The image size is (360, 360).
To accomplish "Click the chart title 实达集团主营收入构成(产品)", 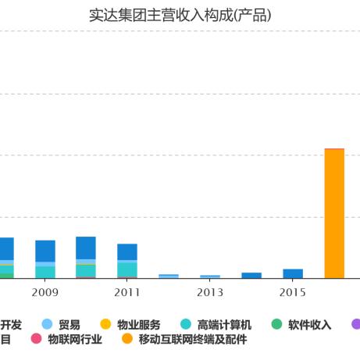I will click(x=180, y=15).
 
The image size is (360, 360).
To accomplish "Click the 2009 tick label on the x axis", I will click(x=45, y=292).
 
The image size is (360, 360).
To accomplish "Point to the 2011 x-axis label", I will click(x=127, y=292).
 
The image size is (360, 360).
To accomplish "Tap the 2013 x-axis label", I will click(x=210, y=292).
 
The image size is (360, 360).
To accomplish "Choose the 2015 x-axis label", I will click(x=293, y=292).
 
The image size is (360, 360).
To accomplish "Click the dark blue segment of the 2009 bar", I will click(x=45, y=251).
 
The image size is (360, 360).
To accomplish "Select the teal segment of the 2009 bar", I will click(x=45, y=272).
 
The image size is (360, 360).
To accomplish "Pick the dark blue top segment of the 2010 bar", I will click(x=86, y=248).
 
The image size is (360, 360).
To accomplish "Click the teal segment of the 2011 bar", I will click(x=127, y=269).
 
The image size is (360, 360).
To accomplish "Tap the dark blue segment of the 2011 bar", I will click(x=127, y=251).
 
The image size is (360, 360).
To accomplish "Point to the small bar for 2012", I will click(x=169, y=276).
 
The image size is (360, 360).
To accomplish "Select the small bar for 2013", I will click(x=210, y=276).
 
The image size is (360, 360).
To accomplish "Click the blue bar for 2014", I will click(x=251, y=275).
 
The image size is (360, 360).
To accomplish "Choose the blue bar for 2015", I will click(x=293, y=273).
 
